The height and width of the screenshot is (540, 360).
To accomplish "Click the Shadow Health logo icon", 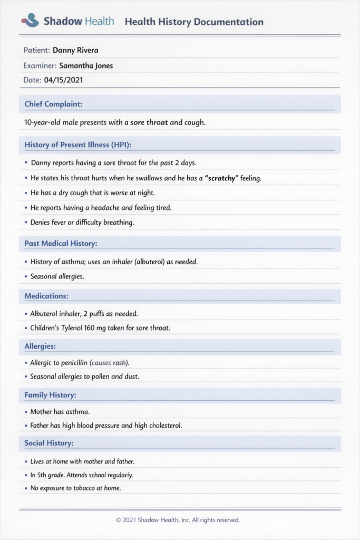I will click(30, 21).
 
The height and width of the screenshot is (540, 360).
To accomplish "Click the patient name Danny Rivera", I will click(75, 51).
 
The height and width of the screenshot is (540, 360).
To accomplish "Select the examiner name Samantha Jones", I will click(86, 66).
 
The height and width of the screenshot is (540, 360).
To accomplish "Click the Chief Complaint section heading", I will click(53, 104).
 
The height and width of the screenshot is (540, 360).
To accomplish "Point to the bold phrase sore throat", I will click(149, 122).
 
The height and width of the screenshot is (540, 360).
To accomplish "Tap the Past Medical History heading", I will click(61, 244).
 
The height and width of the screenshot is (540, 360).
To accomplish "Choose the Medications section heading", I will click(46, 296).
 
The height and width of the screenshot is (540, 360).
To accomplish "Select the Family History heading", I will click(50, 395).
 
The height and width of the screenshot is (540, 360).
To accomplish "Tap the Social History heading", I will click(49, 443).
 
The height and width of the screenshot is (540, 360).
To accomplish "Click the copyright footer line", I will click(178, 520).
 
